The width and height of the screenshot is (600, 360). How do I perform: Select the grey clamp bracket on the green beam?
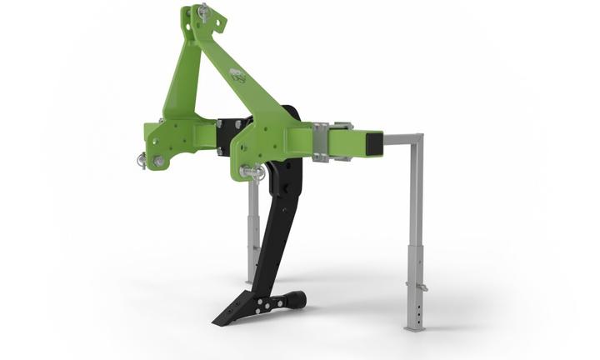click(x=321, y=142)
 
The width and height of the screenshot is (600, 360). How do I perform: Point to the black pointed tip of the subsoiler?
click(x=218, y=321)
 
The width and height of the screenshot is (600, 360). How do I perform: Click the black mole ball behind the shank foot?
click(x=296, y=297)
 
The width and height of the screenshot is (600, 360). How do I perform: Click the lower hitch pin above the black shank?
click(x=252, y=172)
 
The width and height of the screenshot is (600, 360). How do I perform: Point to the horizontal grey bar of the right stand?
click(x=400, y=137)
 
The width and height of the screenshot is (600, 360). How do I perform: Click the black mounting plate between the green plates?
click(x=225, y=133)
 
